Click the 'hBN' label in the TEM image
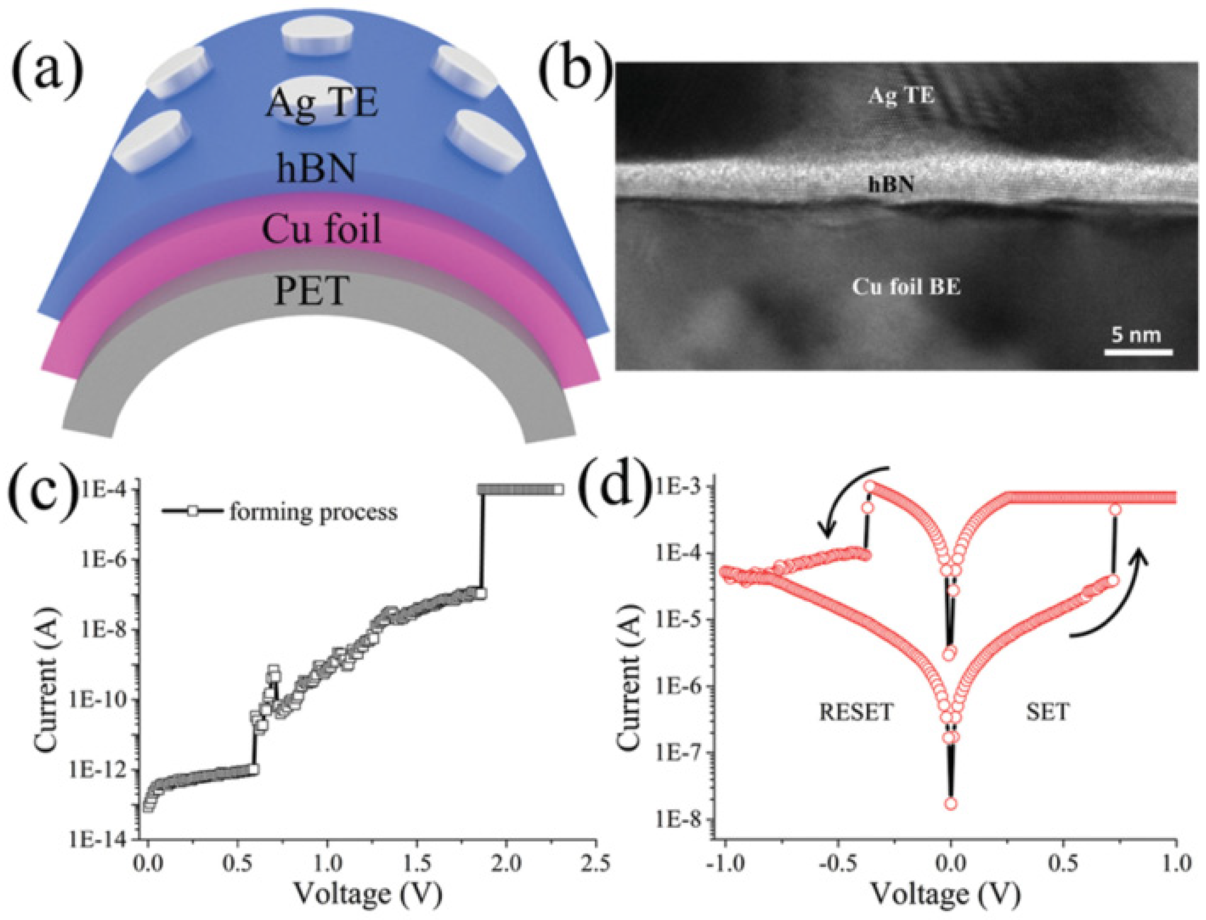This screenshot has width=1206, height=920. pyautogui.click(x=891, y=186)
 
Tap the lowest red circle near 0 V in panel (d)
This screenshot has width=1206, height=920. pyautogui.click(x=951, y=804)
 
